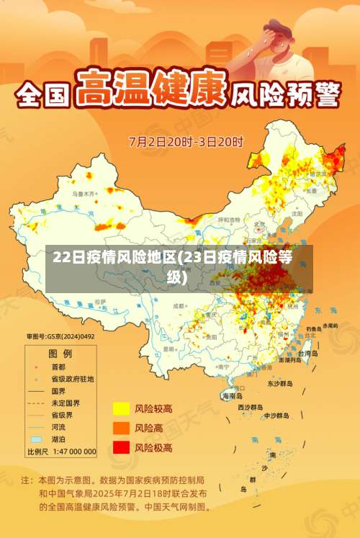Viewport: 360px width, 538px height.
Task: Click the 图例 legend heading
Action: [x=60, y=354]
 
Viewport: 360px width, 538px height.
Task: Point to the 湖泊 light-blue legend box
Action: [x=36, y=439]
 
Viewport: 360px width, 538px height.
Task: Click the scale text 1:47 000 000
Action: [x=71, y=452]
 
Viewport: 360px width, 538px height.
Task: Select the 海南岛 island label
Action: [x=233, y=395]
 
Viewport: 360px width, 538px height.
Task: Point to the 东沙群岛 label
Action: [x=280, y=384]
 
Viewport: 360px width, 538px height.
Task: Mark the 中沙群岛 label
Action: [x=276, y=416]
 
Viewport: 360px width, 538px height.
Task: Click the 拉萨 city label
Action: [x=99, y=300]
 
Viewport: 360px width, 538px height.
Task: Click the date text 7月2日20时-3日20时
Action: [x=186, y=140]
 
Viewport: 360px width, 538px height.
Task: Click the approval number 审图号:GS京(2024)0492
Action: [x=60, y=336]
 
